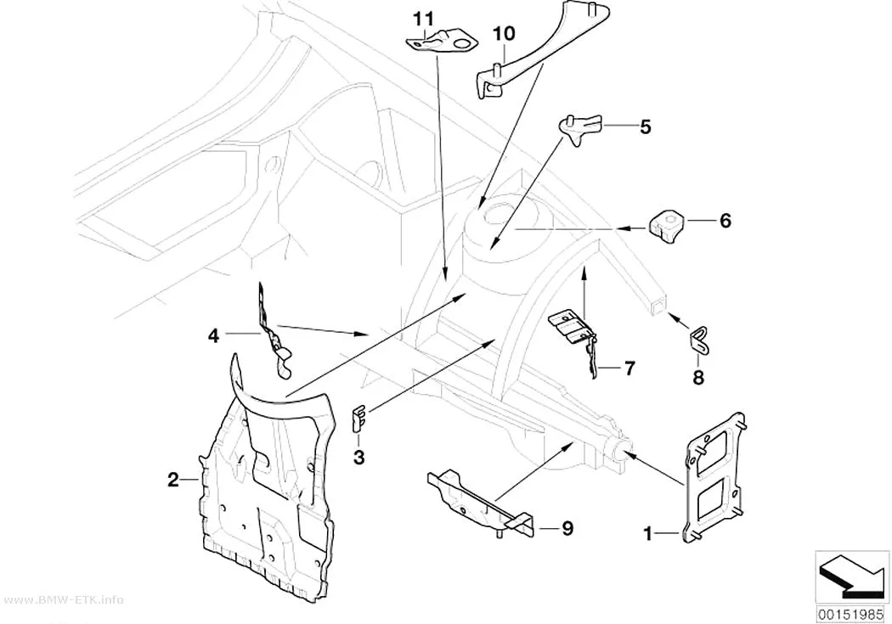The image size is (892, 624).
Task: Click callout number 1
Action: pyautogui.click(x=646, y=534)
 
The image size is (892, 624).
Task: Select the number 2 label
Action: pyautogui.click(x=173, y=480)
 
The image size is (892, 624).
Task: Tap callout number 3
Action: pyautogui.click(x=358, y=457)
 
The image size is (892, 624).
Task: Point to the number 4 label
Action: pyautogui.click(x=213, y=336)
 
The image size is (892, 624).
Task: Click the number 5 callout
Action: pyautogui.click(x=645, y=126)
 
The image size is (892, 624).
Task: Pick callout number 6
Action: pyautogui.click(x=725, y=221)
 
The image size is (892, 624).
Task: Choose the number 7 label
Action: pyautogui.click(x=629, y=368)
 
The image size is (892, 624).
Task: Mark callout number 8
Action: pyautogui.click(x=698, y=377)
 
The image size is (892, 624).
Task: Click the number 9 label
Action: pyautogui.click(x=567, y=529)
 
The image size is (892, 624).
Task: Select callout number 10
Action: pyautogui.click(x=504, y=33)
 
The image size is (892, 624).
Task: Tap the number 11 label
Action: pyautogui.click(x=423, y=20)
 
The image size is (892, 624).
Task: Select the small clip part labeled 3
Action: pyautogui.click(x=358, y=418)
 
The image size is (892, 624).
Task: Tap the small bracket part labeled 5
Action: pyautogui.click(x=580, y=128)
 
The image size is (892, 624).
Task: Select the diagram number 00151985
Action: pyautogui.click(x=851, y=615)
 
